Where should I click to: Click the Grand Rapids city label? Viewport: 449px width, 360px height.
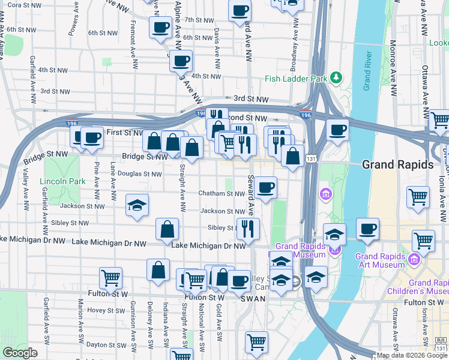[x=397, y=164]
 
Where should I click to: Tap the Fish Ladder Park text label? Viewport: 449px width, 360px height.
[x=297, y=79]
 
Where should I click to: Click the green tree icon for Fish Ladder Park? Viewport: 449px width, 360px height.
[x=336, y=77]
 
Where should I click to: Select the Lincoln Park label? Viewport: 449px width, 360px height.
[x=59, y=182]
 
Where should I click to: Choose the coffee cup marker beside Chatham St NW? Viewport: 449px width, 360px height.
[x=265, y=188]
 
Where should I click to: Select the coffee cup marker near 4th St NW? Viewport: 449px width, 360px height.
[x=180, y=60]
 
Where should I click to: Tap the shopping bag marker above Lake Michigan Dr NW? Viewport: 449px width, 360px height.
[x=167, y=229]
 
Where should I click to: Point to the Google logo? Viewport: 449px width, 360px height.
[x=20, y=353]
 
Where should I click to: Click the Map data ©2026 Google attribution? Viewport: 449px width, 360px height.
[x=411, y=355]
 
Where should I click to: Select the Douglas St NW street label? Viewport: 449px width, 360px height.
[x=139, y=174]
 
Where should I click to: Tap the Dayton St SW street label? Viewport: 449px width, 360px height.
[x=105, y=345]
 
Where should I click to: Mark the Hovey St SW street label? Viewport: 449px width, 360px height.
[x=104, y=311]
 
